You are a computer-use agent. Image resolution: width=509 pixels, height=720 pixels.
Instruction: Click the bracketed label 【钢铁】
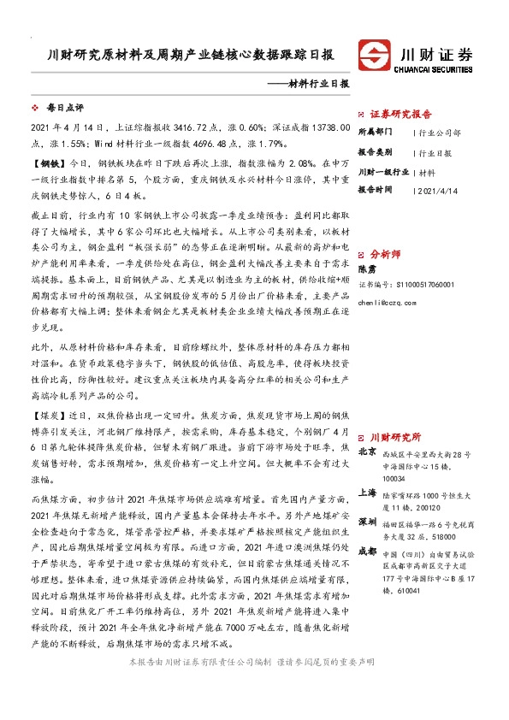48,161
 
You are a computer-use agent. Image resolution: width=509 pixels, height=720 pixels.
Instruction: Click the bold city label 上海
367,493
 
